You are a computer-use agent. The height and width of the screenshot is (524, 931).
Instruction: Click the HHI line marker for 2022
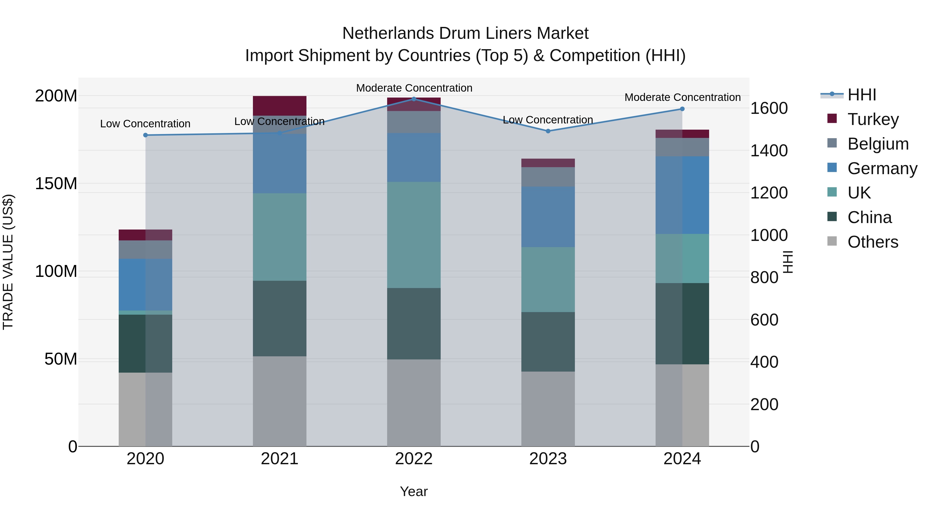click(414, 99)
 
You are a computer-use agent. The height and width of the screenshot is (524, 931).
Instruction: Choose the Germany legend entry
click(882, 168)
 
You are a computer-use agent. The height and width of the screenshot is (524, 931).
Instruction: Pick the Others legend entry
click(873, 242)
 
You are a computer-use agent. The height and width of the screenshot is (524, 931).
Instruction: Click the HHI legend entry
click(862, 95)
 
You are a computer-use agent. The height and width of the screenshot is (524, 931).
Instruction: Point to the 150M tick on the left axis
click(56, 184)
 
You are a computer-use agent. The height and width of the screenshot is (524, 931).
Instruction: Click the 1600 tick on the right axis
click(769, 108)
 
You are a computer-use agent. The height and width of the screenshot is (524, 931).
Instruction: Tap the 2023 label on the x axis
click(548, 459)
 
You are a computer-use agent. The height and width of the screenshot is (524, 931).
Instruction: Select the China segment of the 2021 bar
click(279, 318)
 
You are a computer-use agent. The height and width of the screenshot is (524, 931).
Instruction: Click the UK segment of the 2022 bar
click(414, 235)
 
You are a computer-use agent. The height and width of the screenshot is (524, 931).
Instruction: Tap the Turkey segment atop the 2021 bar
click(279, 106)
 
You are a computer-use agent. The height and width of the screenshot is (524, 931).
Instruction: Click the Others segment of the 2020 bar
click(145, 409)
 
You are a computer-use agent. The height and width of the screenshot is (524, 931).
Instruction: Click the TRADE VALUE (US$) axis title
click(8, 262)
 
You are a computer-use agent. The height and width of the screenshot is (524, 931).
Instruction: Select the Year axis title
click(414, 491)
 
